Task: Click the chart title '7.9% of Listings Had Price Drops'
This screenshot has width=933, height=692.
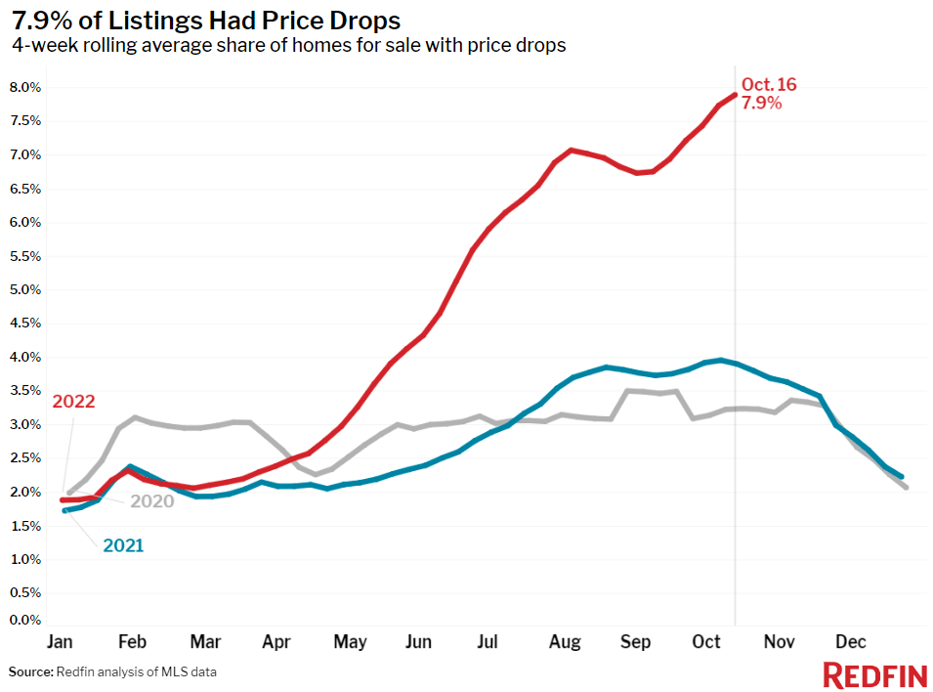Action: point(205,21)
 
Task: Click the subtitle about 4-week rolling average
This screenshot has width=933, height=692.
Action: point(289,45)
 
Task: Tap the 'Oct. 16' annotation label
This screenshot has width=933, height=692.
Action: point(769,85)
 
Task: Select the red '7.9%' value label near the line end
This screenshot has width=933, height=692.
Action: point(762,103)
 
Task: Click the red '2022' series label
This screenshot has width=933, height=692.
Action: point(73,402)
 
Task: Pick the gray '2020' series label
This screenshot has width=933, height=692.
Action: point(153,501)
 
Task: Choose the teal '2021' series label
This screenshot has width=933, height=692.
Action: point(123,545)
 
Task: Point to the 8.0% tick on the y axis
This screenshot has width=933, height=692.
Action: point(25,87)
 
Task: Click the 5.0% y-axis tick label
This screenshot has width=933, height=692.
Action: point(25,289)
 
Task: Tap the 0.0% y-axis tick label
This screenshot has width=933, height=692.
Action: point(25,620)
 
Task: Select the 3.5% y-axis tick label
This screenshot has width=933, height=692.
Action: point(25,391)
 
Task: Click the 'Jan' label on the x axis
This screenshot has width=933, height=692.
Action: point(61,642)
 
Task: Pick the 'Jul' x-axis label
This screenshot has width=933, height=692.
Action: point(488,642)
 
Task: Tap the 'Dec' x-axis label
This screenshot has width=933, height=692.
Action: point(850,642)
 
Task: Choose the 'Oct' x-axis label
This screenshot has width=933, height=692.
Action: point(706,642)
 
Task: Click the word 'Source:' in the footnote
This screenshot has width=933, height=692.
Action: point(29,672)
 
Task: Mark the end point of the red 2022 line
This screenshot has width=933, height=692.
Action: point(735,95)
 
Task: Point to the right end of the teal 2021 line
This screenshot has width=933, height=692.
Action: point(900,476)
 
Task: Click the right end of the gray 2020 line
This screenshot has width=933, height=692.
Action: point(907,487)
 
